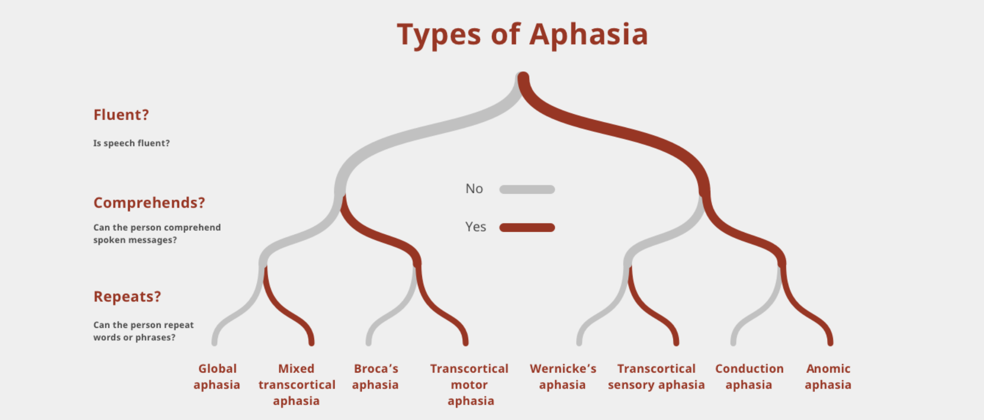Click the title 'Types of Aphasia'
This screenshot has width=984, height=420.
point(522,34)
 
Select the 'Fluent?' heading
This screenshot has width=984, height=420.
point(121,115)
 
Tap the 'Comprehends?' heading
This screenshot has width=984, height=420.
point(149,203)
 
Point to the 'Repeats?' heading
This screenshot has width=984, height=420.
point(127,297)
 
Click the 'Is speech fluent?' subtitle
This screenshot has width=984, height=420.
point(131,143)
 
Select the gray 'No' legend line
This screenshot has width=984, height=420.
point(527,189)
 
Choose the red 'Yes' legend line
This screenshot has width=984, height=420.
point(527,228)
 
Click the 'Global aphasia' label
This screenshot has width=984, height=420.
point(217,377)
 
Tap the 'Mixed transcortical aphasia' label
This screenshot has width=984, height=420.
point(297,384)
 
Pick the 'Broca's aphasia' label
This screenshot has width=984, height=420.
point(375,377)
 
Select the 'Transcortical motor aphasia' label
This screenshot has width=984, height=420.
point(469,384)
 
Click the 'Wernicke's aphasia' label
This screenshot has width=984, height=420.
point(563,377)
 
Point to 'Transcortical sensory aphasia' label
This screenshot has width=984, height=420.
point(656,377)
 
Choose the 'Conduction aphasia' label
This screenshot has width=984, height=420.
point(749,377)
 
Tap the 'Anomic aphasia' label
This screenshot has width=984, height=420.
point(828,377)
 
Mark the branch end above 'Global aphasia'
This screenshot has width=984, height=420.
point(214,342)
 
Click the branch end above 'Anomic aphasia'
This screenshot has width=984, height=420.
point(830,342)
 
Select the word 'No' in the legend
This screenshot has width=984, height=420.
point(474,189)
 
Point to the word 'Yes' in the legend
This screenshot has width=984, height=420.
point(475,227)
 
